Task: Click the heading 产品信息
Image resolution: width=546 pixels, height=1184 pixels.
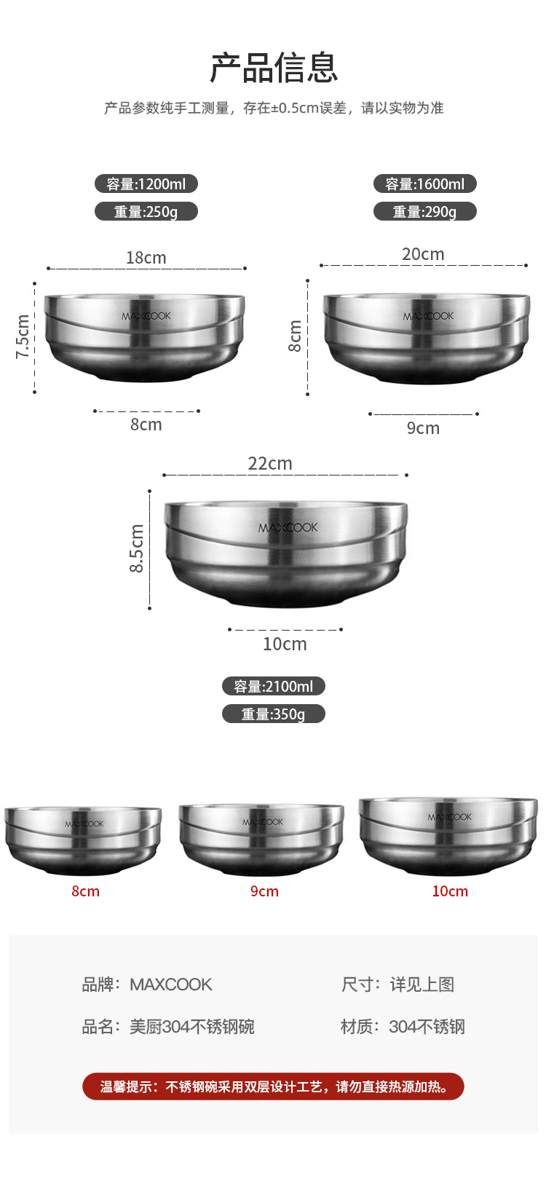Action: tap(273, 68)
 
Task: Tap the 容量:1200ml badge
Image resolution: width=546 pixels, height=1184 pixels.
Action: tap(146, 184)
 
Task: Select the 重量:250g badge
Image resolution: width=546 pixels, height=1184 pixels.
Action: tap(146, 211)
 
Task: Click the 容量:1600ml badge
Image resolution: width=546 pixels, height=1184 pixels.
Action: tap(425, 184)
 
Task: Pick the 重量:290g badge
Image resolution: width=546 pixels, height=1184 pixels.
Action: tap(425, 211)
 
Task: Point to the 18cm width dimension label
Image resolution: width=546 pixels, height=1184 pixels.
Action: tap(146, 258)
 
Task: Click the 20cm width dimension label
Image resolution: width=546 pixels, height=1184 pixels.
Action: tap(423, 253)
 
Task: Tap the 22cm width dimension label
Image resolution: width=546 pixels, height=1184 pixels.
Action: tap(270, 463)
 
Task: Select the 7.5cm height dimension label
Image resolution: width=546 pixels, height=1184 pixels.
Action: tap(23, 336)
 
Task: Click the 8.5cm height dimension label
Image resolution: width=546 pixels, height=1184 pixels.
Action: tap(136, 548)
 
